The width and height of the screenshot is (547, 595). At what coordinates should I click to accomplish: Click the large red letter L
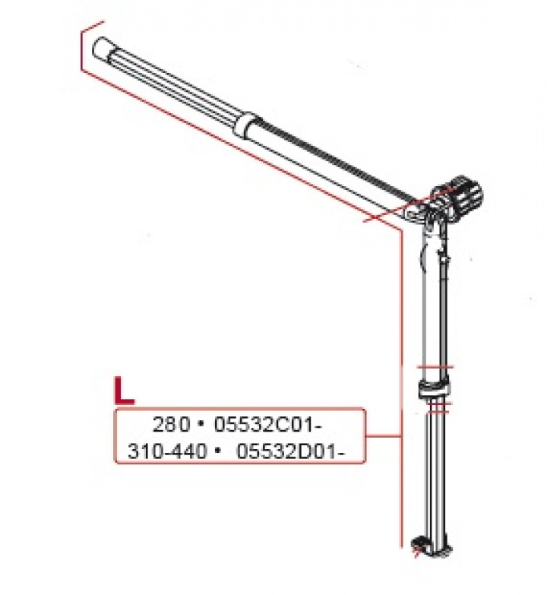point(124,389)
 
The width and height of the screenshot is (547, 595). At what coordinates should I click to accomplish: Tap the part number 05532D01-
point(291,451)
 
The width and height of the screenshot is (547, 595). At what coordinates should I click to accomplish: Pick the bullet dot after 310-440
point(218,451)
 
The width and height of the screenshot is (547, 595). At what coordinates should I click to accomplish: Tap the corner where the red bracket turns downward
point(400,227)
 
